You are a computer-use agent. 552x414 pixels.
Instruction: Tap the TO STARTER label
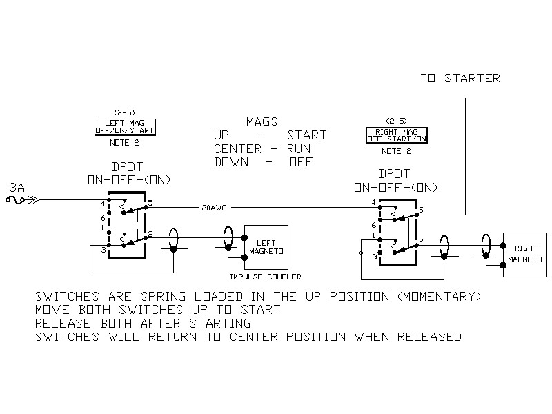(x=460, y=78)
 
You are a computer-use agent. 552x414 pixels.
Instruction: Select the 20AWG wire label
(x=215, y=206)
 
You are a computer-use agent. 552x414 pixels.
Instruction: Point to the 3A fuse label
(x=17, y=187)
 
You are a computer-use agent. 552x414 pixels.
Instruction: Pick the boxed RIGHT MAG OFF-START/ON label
(x=397, y=135)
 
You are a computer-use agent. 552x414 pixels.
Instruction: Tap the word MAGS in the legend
(x=263, y=121)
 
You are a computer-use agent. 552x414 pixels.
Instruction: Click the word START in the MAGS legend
(x=307, y=135)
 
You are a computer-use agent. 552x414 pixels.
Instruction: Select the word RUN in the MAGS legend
(x=299, y=148)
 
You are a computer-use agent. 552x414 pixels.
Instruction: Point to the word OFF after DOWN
(x=301, y=162)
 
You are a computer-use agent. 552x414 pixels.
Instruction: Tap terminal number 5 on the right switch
(x=421, y=209)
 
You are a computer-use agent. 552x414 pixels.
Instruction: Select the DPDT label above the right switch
(x=395, y=174)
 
